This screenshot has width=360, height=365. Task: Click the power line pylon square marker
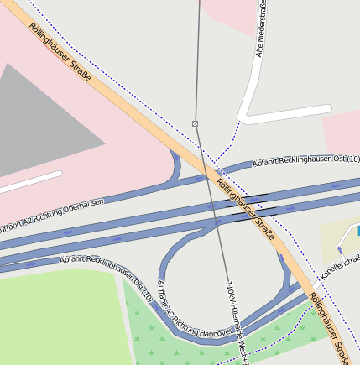click(196, 123)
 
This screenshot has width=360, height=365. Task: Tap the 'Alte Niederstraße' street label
click(263, 31)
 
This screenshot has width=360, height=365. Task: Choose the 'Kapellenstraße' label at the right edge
click(341, 268)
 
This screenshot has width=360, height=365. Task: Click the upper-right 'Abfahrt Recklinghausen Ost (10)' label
click(305, 159)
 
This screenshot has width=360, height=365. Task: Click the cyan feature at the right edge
click(356, 231)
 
